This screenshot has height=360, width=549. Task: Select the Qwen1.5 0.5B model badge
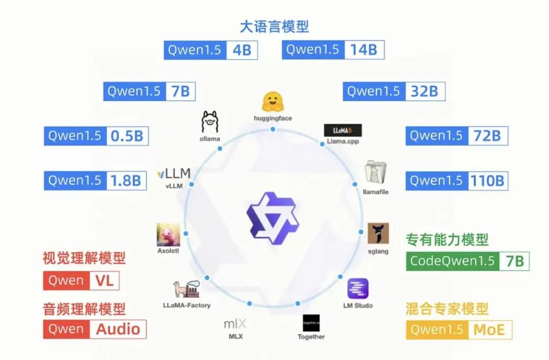pyautogui.click(x=96, y=136)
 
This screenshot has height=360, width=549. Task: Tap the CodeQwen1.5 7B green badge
pyautogui.click(x=468, y=261)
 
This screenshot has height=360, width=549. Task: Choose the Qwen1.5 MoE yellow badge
pyautogui.click(x=459, y=329)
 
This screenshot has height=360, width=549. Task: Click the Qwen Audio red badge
pyautogui.click(x=95, y=329)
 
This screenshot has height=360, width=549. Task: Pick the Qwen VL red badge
pyautogui.click(x=81, y=280)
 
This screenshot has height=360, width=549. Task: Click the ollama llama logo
pyautogui.click(x=210, y=122)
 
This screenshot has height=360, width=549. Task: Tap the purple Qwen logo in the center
pyautogui.click(x=272, y=218)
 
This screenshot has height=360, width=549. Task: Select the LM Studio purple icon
pyautogui.click(x=358, y=289)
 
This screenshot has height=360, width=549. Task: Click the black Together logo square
pyautogui.click(x=311, y=322)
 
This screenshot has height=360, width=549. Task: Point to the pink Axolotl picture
pyautogui.click(x=168, y=235)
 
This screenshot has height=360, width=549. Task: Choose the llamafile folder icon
pyautogui.click(x=376, y=172)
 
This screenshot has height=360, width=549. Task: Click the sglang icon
pyautogui.click(x=378, y=233)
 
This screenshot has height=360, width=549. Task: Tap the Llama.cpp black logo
pyautogui.click(x=343, y=130)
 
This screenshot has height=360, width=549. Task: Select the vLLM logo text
pyautogui.click(x=174, y=174)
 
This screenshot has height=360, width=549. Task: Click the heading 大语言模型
pyautogui.click(x=274, y=26)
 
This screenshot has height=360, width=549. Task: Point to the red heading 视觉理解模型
pyautogui.click(x=84, y=258)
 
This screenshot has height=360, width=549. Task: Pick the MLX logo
pyautogui.click(x=235, y=323)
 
